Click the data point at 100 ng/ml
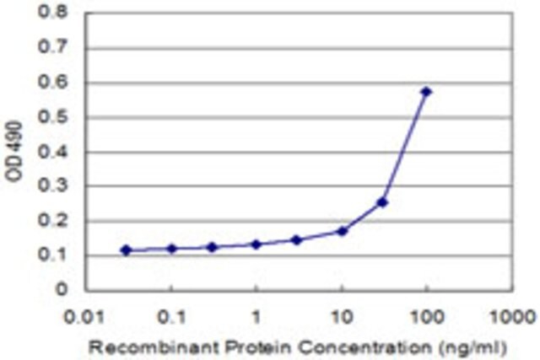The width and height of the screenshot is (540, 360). tap(426, 92)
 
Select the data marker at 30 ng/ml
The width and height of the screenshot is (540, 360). tap(382, 202)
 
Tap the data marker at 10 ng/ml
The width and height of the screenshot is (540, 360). tap(342, 231)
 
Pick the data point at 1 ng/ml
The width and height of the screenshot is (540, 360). tap(256, 244)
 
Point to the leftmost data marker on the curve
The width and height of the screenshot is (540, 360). tap(127, 250)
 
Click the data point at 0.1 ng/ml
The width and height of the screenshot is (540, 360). tap(171, 249)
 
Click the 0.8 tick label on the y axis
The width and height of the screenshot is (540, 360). tap(52, 13)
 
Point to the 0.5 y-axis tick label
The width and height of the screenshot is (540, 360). tap(52, 117)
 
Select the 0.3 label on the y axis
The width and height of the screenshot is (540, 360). tap(52, 185)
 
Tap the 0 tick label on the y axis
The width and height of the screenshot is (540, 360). tap(61, 289)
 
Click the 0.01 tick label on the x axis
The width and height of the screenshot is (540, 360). tap(84, 316)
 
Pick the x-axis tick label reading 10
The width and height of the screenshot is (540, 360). tap(342, 316)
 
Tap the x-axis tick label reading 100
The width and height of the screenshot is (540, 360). tap(427, 316)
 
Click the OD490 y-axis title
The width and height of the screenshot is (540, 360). tap(14, 151)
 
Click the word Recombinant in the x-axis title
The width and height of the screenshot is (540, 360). tap(154, 347)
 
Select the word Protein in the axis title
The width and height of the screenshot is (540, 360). tap(258, 347)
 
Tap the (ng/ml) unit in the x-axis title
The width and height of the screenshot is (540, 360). tap(472, 348)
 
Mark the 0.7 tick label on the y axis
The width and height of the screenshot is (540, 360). tap(52, 47)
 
